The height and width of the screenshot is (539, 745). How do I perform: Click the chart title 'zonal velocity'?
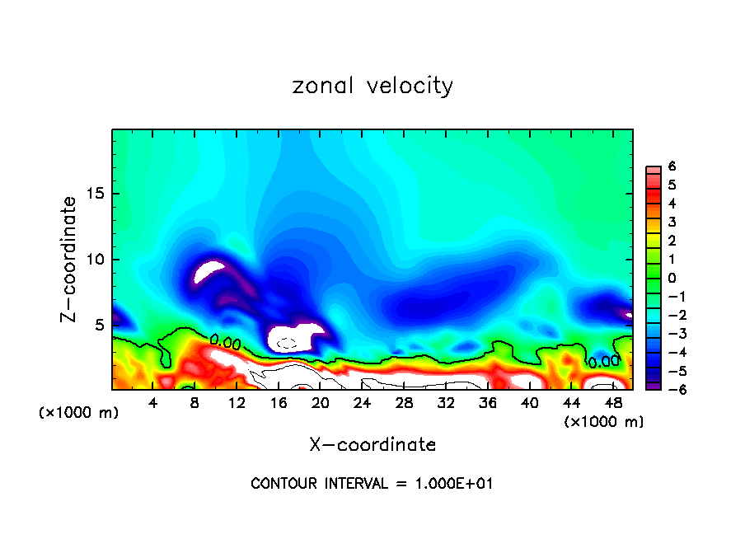pos(372,86)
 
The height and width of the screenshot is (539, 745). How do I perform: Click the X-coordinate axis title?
pos(372,445)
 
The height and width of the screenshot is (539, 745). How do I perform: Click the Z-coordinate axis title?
pos(71,259)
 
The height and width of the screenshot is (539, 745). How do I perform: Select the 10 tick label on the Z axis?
pos(96,260)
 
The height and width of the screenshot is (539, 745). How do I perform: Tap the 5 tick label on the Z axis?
pos(101,325)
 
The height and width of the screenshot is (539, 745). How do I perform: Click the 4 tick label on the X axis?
pos(152,403)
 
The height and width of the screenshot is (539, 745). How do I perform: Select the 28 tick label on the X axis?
pos(404,403)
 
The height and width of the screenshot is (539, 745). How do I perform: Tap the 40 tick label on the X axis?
pos(529,403)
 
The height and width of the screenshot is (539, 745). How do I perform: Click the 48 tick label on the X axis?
pos(613,403)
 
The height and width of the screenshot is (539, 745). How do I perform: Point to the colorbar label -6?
pos(669,389)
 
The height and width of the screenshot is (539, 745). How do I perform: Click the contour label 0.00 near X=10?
pos(226,340)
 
